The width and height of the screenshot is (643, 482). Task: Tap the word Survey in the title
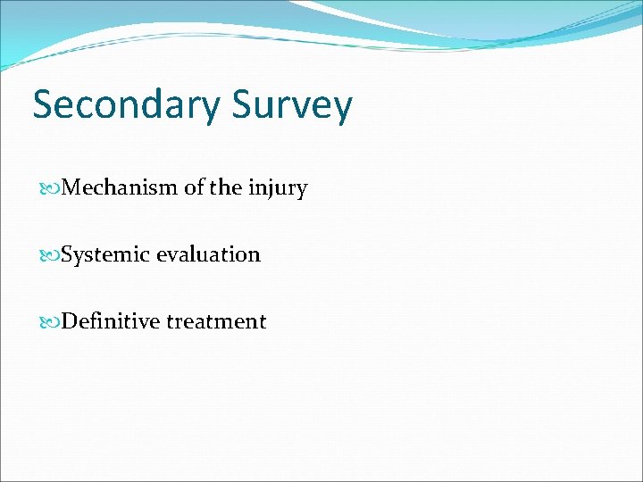tap(292, 105)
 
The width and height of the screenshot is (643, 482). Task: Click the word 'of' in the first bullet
tap(194, 188)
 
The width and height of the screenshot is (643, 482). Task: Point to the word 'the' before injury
tap(227, 188)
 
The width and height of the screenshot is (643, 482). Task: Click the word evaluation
tap(208, 254)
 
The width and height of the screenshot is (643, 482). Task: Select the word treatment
tap(215, 321)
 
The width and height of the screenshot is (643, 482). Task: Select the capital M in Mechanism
tap(72, 188)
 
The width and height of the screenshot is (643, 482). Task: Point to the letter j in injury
tap(271, 190)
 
